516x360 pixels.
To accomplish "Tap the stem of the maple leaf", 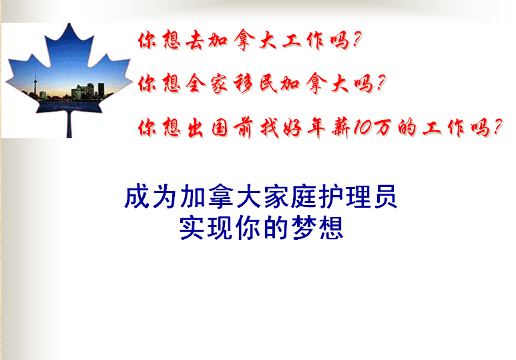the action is click(69, 125).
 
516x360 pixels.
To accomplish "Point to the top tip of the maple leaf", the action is click(69, 23).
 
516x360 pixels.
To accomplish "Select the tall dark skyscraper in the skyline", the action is click(101, 89).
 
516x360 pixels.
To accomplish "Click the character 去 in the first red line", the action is click(194, 41).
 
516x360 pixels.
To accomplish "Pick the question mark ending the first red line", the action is click(357, 39).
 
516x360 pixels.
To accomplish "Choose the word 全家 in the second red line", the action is click(206, 83).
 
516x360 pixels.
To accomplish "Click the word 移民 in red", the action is click(256, 83).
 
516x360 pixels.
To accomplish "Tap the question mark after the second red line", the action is click(381, 83).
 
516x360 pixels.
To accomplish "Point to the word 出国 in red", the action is click(208, 128).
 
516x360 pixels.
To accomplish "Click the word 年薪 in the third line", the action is click(329, 128).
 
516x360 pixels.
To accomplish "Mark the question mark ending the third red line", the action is click(498, 127).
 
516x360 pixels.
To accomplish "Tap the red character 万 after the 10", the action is click(382, 128).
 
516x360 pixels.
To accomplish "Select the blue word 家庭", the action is click(288, 197).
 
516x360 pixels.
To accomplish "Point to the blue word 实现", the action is click(206, 228).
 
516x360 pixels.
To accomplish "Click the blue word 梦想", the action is click(318, 228).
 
